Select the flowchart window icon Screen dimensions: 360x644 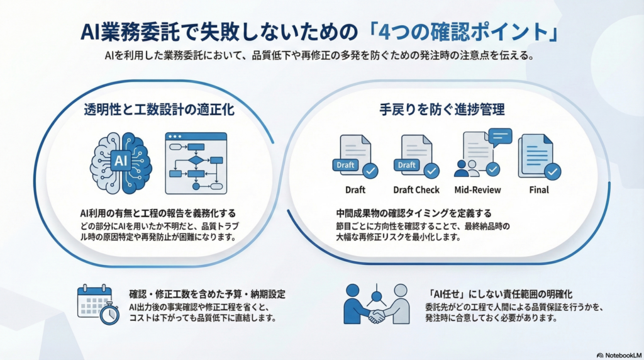click(x=196, y=162)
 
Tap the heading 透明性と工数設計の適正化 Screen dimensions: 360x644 click(x=159, y=110)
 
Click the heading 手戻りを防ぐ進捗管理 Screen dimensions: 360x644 click(x=442, y=110)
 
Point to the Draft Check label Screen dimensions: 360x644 click(x=416, y=189)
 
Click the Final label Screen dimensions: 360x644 click(x=538, y=189)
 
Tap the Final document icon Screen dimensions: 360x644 click(x=536, y=156)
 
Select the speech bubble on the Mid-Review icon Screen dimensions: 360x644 click(x=501, y=137)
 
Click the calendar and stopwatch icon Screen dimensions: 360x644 click(x=97, y=304)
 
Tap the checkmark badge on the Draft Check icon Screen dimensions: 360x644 click(x=431, y=171)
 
